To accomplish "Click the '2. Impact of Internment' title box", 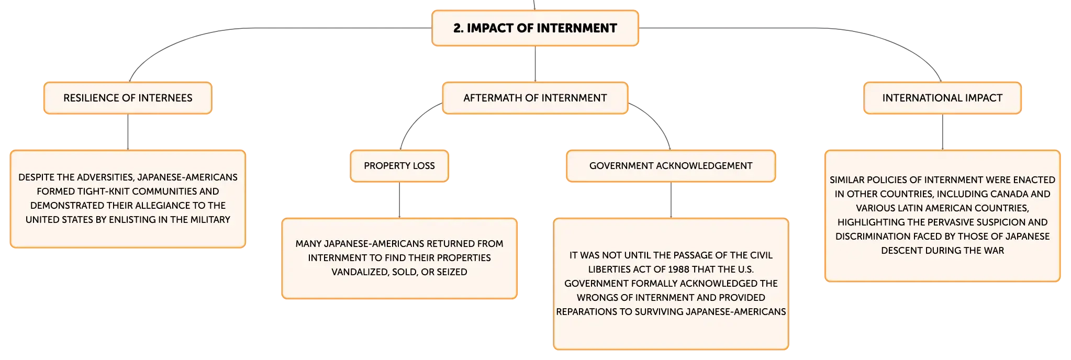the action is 535,28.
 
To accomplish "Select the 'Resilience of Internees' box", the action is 128,98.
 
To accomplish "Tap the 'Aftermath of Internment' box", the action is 535,98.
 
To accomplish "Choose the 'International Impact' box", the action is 942,98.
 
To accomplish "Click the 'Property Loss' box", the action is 399,166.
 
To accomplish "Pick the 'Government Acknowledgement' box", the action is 671,166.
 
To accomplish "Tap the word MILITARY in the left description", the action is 210,220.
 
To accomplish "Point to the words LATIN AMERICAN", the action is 928,208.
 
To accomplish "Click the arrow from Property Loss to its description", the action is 399,200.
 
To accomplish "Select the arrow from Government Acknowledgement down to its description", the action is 671,200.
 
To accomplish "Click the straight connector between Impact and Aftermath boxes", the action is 535,64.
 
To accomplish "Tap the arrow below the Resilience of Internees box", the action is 128,132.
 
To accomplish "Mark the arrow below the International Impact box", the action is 942,132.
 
